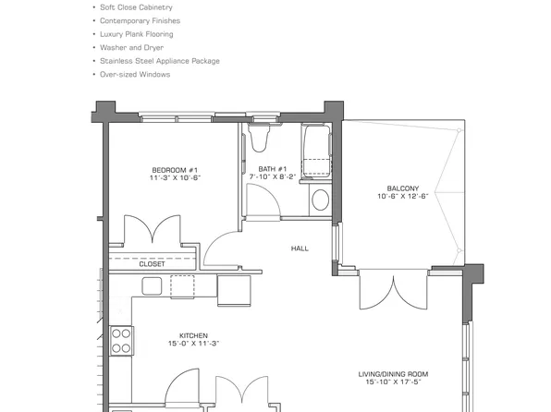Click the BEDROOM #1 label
coord(175,169)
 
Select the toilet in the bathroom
coord(258,138)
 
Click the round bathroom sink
coord(320,199)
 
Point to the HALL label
coord(300,248)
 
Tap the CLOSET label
coord(152,264)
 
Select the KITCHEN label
coord(193,335)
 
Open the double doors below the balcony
coord(395,294)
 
